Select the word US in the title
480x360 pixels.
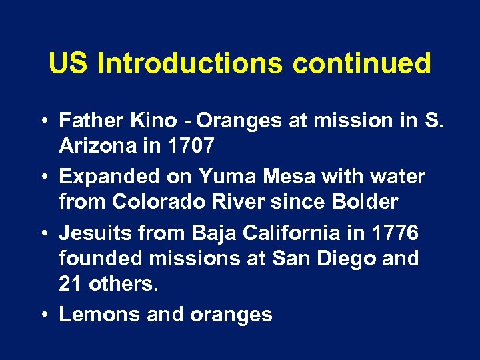pyautogui.click(x=69, y=64)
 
